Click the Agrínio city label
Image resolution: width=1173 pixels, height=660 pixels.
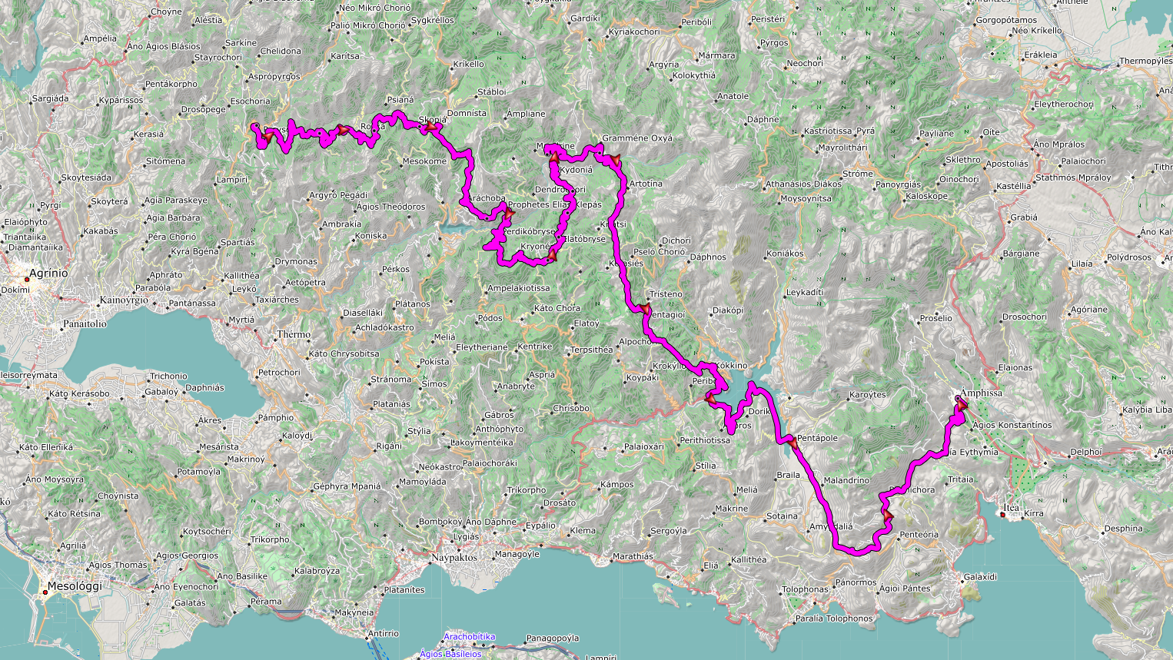48,274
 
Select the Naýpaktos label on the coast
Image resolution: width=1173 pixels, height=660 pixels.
454,558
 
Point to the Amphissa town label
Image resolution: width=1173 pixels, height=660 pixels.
981,393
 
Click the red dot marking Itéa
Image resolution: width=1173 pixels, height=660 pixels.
1004,515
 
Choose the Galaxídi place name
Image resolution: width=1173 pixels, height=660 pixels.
980,577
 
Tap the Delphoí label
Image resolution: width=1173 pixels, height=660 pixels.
1085,453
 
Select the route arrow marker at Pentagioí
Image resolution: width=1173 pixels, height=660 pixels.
643,309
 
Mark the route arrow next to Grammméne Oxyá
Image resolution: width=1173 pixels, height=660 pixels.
614,159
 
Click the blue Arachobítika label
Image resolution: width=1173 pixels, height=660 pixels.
469,637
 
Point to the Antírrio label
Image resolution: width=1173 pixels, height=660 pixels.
383,634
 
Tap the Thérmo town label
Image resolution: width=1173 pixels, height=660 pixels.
294,334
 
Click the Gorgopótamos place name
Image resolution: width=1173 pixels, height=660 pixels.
1005,21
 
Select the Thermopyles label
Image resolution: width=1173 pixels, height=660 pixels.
1145,61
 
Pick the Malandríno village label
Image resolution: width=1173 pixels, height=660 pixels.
846,481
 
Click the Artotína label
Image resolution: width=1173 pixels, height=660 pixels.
646,184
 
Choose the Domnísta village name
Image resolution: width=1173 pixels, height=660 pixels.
467,114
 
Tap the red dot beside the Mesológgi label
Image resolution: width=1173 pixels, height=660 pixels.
45,592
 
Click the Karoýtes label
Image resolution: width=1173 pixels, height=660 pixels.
867,395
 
